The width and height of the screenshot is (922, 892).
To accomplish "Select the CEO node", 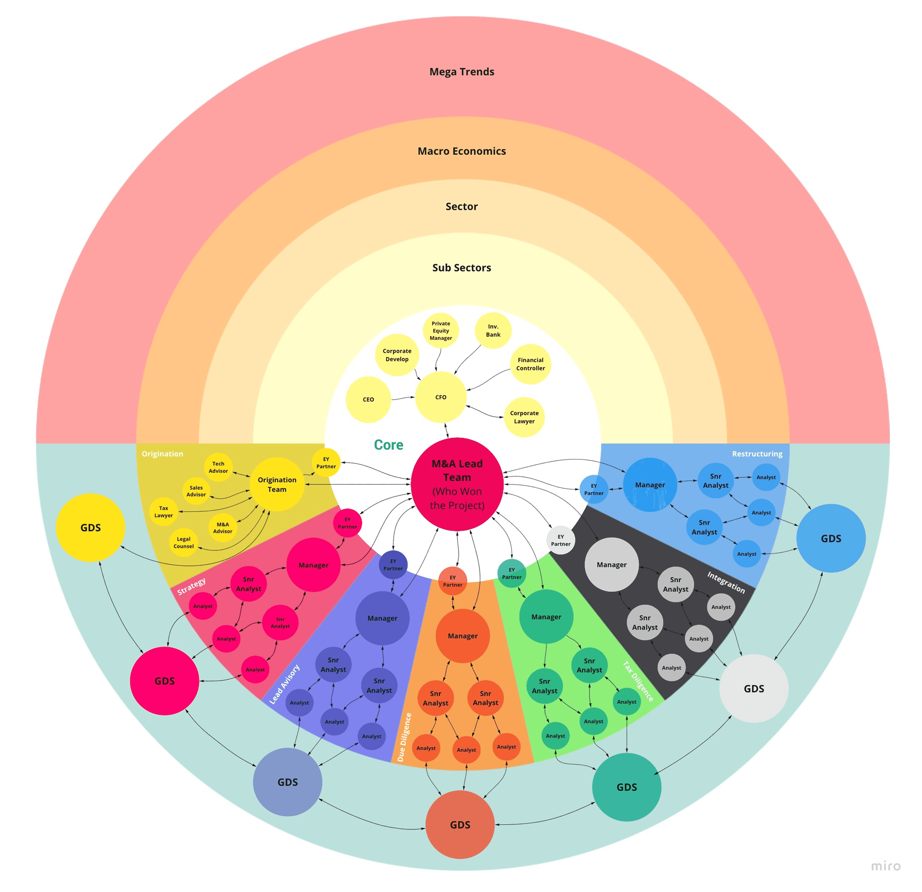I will click(368, 400).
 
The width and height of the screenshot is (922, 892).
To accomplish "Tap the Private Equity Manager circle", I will click(441, 330).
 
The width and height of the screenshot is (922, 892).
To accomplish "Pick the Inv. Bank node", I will click(493, 330).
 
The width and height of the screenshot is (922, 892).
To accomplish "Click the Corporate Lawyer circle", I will click(524, 417).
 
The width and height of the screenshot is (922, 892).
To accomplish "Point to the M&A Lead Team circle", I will click(457, 484).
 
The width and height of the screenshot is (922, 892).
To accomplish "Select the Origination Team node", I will click(277, 484).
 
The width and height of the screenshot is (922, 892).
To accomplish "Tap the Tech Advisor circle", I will click(218, 467).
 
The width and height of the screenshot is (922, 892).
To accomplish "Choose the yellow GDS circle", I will click(91, 528).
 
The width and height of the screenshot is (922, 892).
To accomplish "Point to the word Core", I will click(388, 445).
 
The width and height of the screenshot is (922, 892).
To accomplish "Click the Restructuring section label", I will click(757, 454).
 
